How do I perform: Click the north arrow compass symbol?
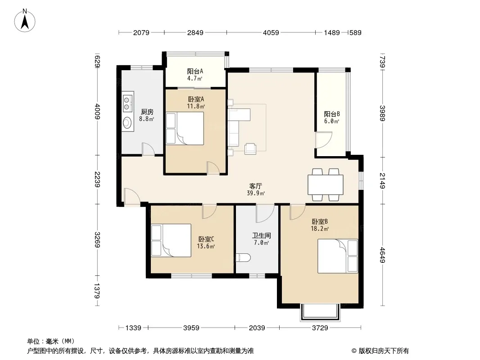coord(25,20)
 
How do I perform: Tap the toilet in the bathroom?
coord(244,257)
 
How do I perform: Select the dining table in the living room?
coord(326,184)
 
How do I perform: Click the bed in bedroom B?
coord(338,256)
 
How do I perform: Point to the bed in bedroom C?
coord(171,240)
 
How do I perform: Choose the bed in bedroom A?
coord(185,128)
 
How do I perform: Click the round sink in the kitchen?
coord(127,123)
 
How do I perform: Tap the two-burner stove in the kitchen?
coord(127,103)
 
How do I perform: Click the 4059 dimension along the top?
coord(271,32)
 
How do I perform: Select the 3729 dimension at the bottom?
coord(320,328)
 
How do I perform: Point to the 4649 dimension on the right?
coord(382,255)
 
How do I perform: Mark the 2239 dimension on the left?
coord(97,179)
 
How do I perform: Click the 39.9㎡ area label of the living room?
coord(256,193)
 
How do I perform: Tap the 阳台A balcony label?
coord(195,71)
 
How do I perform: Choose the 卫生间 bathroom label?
coord(261,235)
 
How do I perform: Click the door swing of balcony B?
coord(324,140)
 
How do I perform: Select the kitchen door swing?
coord(149,149)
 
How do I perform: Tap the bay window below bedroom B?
coord(320,313)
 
